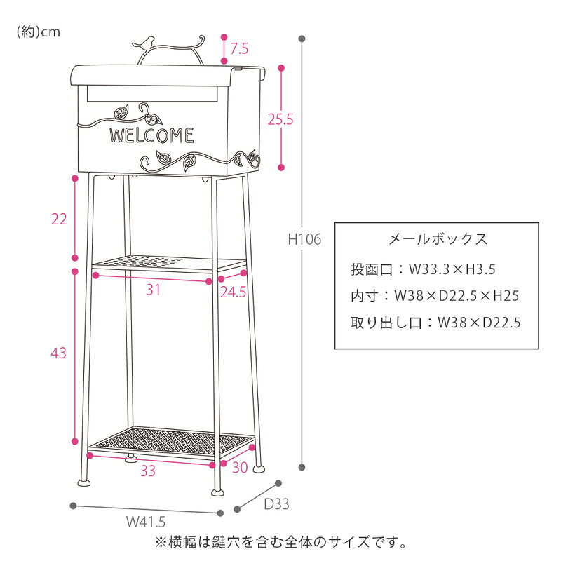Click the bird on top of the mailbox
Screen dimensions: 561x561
(x=144, y=43)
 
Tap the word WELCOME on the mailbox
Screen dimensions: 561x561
(x=151, y=135)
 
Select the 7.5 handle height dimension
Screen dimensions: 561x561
(x=239, y=48)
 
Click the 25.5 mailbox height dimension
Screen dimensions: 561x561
(x=280, y=119)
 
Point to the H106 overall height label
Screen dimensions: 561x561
(x=305, y=239)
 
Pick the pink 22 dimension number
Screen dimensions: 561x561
(x=59, y=219)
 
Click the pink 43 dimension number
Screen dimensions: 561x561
(x=59, y=353)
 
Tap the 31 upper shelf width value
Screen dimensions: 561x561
(x=153, y=290)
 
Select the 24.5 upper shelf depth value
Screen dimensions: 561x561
(x=233, y=292)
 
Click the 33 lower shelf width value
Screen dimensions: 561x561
(x=148, y=471)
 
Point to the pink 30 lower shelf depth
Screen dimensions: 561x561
(x=240, y=468)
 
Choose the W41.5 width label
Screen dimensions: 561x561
(x=146, y=522)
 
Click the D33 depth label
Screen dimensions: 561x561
(x=276, y=504)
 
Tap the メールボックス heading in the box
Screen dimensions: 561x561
(x=438, y=239)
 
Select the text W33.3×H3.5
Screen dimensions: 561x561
(x=452, y=269)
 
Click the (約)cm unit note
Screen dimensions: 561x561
(x=39, y=32)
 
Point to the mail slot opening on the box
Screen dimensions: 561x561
(x=152, y=93)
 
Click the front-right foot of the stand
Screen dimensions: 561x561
(x=217, y=492)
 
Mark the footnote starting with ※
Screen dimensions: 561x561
(x=281, y=542)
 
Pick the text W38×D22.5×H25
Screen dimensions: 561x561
(x=457, y=296)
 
